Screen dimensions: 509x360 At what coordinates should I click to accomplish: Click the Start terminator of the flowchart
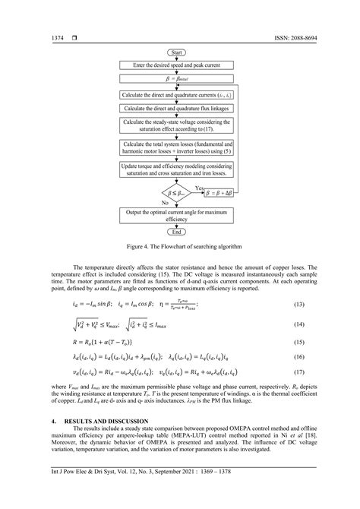[x=179, y=52]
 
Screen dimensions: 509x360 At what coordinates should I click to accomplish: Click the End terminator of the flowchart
[x=179, y=231]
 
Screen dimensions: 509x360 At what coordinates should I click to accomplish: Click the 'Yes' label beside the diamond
[x=199, y=187]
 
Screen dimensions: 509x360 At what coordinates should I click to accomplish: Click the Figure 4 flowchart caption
[x=179, y=246]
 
